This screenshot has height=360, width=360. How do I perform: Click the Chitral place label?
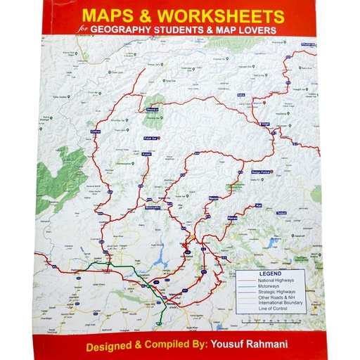pos(97,131)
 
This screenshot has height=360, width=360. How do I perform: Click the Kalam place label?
pos(147,153)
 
